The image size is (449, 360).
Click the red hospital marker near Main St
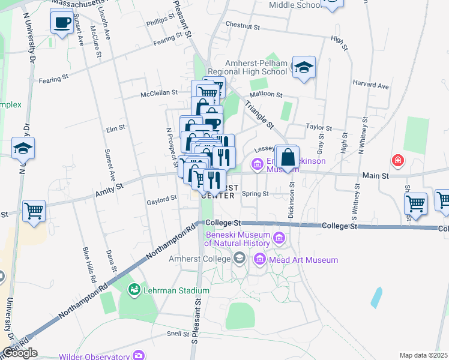[x=397, y=160]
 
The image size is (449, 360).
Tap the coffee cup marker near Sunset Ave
[x=61, y=23]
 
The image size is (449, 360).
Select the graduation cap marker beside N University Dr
[x=23, y=148]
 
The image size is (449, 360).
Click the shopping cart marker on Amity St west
[x=34, y=211]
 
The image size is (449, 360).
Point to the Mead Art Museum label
[x=303, y=260]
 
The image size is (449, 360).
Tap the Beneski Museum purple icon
[x=279, y=239]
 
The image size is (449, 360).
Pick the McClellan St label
[x=160, y=93]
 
